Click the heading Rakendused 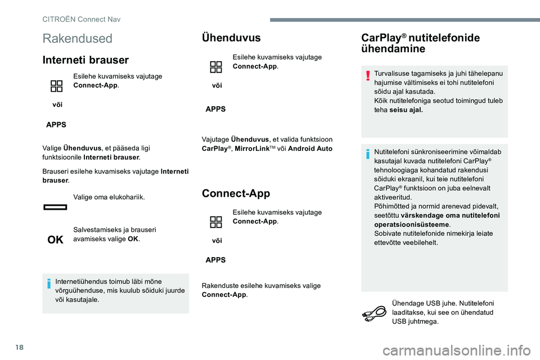coord(77,39)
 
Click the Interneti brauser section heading coord(85,60)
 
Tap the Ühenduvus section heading coord(231,38)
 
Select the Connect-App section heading coord(236,193)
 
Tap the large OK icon coord(55,240)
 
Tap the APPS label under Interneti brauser coord(55,124)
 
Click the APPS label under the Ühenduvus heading coord(215,110)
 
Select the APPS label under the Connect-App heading coord(215,260)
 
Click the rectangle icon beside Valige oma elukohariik coord(55,207)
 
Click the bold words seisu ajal coord(406,110)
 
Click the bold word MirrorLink coord(253,148)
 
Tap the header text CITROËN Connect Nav coord(82,19)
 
